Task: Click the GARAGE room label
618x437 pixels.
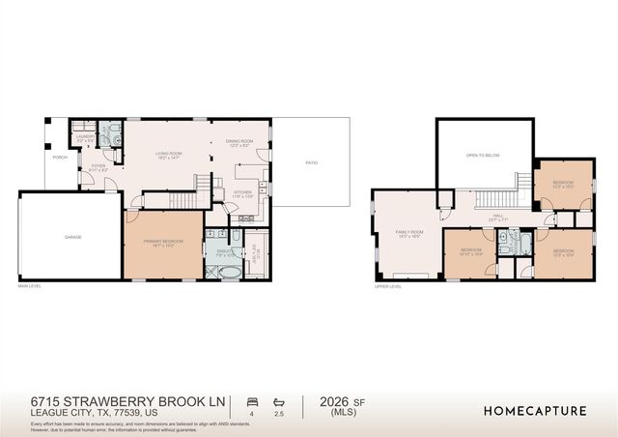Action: coord(72,236)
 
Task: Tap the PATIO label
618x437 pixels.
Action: coord(311,162)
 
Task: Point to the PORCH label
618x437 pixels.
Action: coord(60,157)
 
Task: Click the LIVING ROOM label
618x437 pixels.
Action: coord(170,155)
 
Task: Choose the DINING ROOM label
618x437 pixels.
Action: coord(239,142)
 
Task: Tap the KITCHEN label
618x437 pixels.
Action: coord(243,192)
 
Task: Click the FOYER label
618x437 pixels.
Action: coord(98,164)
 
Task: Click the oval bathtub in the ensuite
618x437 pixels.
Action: coord(227,272)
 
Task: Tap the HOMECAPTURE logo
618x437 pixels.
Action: coord(534,411)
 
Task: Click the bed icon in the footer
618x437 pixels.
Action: coord(253,400)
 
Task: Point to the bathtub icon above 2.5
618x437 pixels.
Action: coord(280,400)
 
